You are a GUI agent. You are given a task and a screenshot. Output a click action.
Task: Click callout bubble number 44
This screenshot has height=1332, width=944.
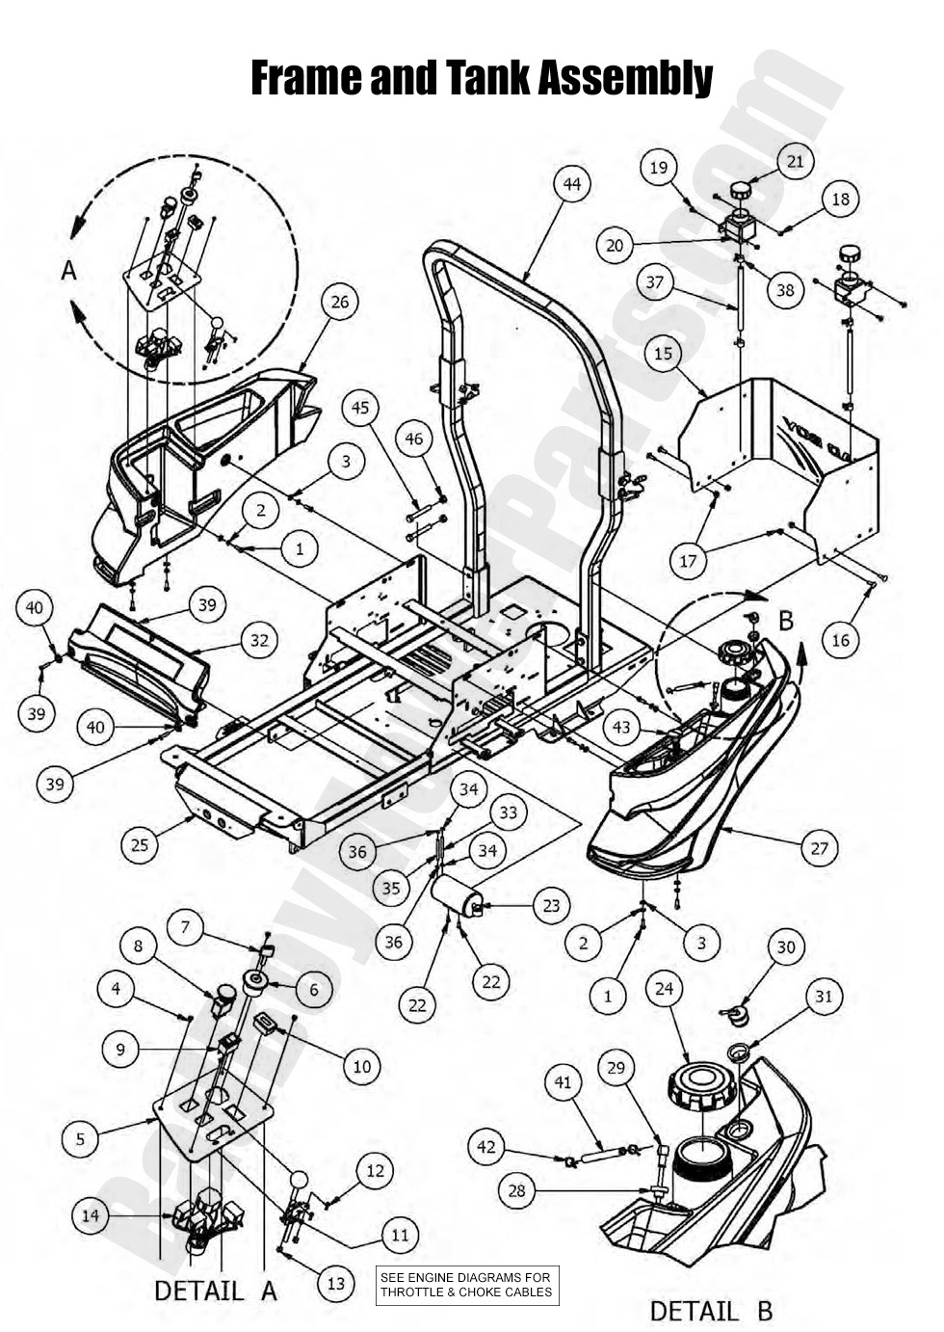pyautogui.click(x=572, y=183)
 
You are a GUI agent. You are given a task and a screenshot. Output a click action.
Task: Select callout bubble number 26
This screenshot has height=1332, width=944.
pyautogui.click(x=340, y=302)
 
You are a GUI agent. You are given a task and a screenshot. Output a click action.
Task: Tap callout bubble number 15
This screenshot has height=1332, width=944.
pyautogui.click(x=663, y=354)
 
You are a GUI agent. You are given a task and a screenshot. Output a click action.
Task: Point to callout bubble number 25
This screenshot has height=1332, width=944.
pyautogui.click(x=141, y=845)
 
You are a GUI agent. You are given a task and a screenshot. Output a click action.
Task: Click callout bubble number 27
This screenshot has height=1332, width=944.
pyautogui.click(x=820, y=848)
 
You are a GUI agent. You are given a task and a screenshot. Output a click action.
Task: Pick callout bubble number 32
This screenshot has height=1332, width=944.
pyautogui.click(x=258, y=640)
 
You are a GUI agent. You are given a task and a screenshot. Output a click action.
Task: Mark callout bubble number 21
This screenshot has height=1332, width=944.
pyautogui.click(x=795, y=162)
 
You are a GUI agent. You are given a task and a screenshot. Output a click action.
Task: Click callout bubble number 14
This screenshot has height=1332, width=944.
pyautogui.click(x=91, y=1216)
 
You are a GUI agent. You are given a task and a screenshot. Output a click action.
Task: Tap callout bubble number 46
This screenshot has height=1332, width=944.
pyautogui.click(x=413, y=439)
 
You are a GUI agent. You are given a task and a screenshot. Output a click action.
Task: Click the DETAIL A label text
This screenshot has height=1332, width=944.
pyautogui.click(x=216, y=1290)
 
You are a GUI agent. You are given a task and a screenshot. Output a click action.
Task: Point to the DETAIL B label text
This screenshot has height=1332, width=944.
pyautogui.click(x=711, y=1310)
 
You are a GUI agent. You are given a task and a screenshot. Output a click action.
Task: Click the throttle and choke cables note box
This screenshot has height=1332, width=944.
pyautogui.click(x=466, y=1285)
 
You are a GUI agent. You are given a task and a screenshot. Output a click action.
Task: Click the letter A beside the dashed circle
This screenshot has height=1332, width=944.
pyautogui.click(x=68, y=271)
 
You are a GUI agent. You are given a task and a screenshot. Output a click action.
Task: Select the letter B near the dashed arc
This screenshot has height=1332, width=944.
pyautogui.click(x=786, y=621)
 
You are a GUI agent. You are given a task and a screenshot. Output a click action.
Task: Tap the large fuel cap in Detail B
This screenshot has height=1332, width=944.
pyautogui.click(x=699, y=1086)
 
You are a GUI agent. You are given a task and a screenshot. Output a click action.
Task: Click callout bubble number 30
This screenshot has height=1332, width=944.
pyautogui.click(x=786, y=947)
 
